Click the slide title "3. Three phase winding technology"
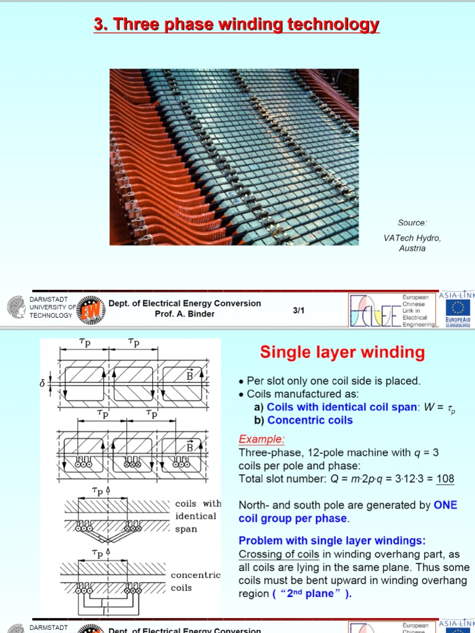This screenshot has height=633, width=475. (x=236, y=24)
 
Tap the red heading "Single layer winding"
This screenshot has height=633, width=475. (x=342, y=352)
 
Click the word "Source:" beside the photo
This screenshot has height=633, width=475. (x=412, y=223)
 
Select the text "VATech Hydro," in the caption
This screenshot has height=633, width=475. (x=412, y=238)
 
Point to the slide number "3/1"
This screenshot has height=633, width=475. (x=299, y=311)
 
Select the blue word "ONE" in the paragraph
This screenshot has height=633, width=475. (x=445, y=505)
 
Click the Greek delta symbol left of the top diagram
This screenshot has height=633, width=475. (x=43, y=384)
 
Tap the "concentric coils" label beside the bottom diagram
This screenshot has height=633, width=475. (x=195, y=581)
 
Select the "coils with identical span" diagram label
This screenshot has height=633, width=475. (x=197, y=516)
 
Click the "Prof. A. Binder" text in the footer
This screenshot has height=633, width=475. (x=184, y=313)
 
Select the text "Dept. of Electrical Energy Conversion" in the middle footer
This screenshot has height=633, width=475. (x=184, y=303)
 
